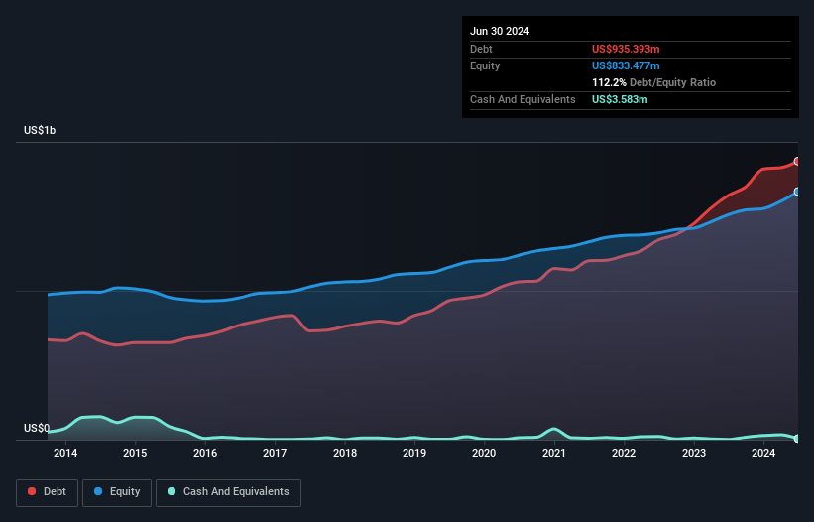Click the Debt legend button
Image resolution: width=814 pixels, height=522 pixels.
(x=47, y=492)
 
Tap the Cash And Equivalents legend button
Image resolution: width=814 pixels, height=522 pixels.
(x=228, y=492)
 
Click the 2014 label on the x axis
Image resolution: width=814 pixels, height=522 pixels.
(x=65, y=454)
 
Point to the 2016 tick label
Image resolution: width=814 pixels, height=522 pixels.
(x=205, y=454)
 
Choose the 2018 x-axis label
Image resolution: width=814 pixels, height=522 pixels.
(x=345, y=454)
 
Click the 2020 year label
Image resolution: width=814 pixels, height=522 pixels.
(x=484, y=454)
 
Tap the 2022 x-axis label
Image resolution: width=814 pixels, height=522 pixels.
(x=624, y=454)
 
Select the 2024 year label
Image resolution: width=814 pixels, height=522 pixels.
(x=763, y=454)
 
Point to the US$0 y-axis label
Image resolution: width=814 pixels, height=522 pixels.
(x=37, y=429)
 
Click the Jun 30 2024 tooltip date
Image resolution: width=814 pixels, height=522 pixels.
(x=500, y=31)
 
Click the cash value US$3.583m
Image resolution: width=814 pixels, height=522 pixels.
(x=620, y=99)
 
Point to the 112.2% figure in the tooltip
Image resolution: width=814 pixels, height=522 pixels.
(x=609, y=83)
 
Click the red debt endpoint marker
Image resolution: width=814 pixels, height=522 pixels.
(x=797, y=161)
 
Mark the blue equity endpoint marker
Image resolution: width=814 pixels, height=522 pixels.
(x=797, y=192)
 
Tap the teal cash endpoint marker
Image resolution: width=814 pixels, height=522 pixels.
(x=797, y=438)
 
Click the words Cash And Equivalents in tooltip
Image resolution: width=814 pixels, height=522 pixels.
(x=523, y=99)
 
